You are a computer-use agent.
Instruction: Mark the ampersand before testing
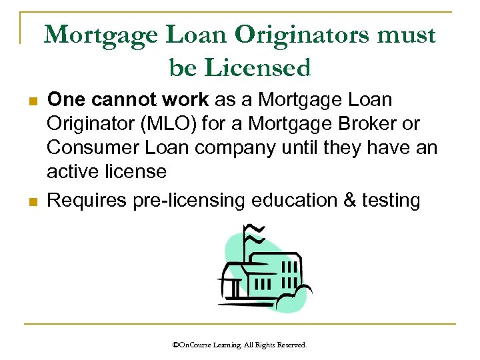coord(352,200)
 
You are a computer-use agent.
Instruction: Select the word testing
coord(393,200)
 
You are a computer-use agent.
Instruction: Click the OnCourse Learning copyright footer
coord(240,345)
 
